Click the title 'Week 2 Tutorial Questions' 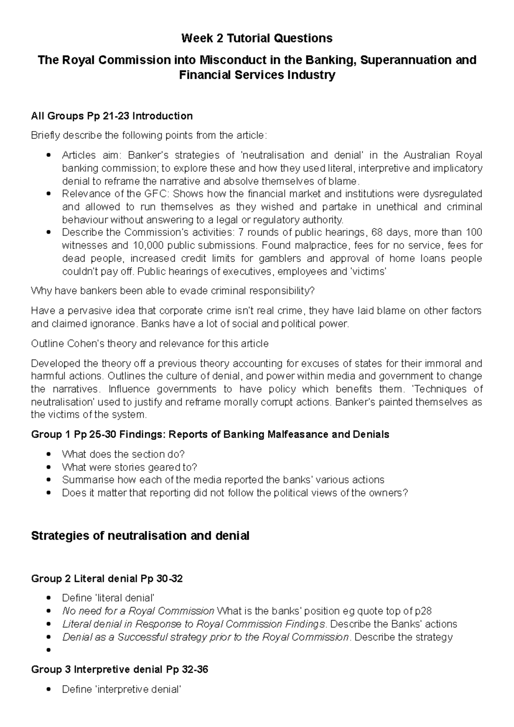point(257,39)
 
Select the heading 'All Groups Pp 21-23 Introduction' point(112,116)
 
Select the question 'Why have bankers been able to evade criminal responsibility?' point(173,291)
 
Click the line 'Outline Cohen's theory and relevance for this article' point(150,344)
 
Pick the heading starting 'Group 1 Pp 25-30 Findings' point(210,435)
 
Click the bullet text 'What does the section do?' point(123,454)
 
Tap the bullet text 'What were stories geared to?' point(129,467)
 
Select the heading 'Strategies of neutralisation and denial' point(140,536)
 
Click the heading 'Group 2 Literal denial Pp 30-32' point(107,579)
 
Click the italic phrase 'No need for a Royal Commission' point(138,611)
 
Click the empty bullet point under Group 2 point(50,650)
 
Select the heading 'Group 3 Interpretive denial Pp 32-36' point(120,670)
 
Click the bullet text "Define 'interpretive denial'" point(121,689)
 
